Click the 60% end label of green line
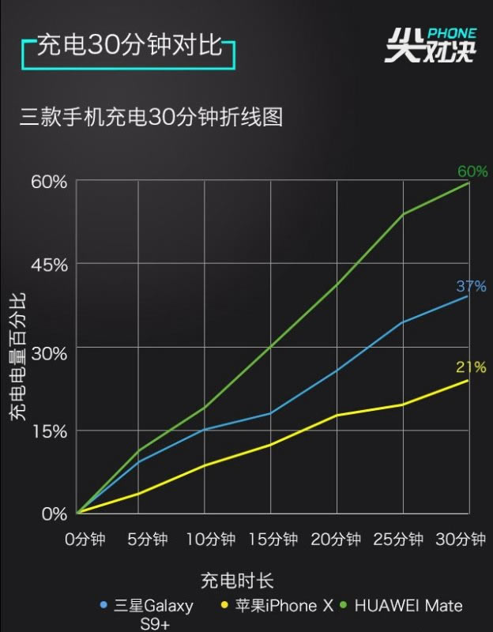click(x=472, y=171)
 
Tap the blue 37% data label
click(x=471, y=286)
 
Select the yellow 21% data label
click(x=471, y=367)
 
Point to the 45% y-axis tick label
click(x=49, y=264)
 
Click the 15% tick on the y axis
click(x=49, y=431)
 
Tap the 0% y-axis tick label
click(x=54, y=514)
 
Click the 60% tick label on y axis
click(x=49, y=182)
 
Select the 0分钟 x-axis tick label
click(x=85, y=540)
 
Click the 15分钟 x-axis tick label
click(x=273, y=540)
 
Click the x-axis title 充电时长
click(x=246, y=581)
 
